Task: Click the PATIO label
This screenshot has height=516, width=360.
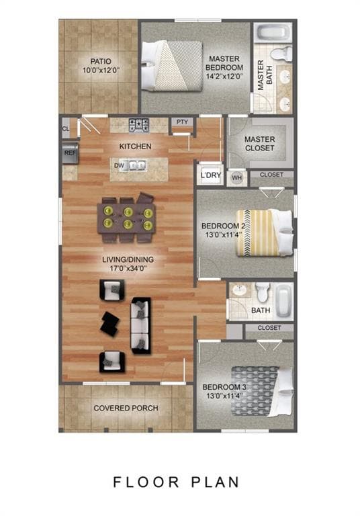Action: [x=101, y=61]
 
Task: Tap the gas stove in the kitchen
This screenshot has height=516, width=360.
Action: [x=138, y=126]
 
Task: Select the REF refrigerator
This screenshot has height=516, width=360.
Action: [x=70, y=153]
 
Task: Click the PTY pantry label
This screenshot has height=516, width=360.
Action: [x=182, y=122]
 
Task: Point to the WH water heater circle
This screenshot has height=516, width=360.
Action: [x=236, y=178]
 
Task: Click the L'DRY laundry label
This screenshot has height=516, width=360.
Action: [x=211, y=175]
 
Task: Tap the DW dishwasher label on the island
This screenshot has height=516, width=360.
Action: [x=119, y=165]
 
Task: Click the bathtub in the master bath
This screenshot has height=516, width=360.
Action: [x=274, y=32]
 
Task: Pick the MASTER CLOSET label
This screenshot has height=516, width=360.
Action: [x=260, y=144]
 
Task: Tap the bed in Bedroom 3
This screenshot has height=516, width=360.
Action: [x=262, y=392]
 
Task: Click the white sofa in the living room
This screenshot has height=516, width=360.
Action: [x=141, y=325]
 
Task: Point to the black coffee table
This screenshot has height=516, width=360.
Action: [x=110, y=323]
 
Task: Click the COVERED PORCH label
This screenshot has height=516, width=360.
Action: [x=126, y=408]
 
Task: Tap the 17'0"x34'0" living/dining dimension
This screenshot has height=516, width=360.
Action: [x=128, y=268]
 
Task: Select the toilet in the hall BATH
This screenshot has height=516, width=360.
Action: [x=263, y=292]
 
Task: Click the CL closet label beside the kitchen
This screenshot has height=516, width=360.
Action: [x=66, y=128]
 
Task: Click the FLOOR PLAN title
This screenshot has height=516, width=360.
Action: [x=176, y=482]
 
